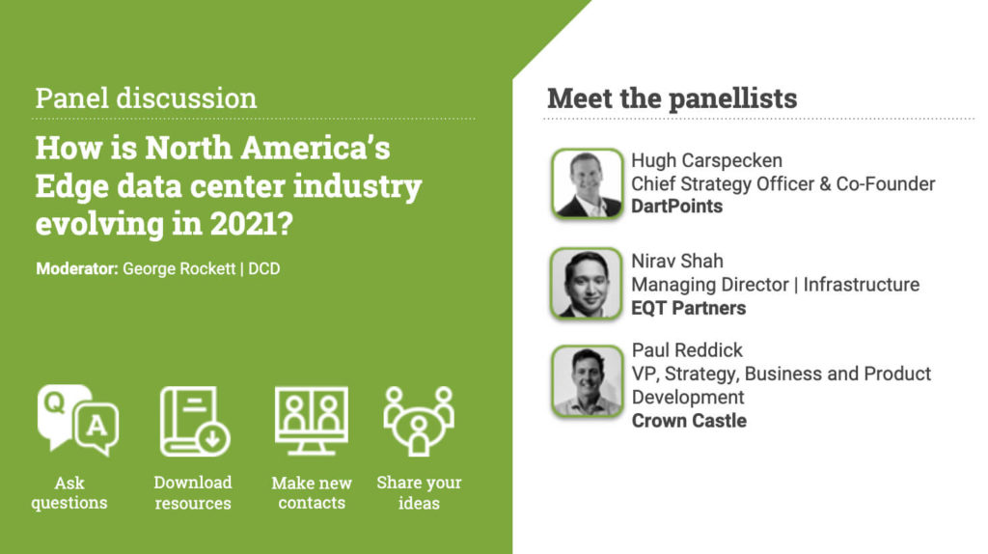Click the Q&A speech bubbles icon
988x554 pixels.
pyautogui.click(x=78, y=420)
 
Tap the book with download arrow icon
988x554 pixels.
pyautogui.click(x=195, y=421)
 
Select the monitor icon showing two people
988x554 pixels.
pyautogui.click(x=312, y=421)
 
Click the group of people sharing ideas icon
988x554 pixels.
pyautogui.click(x=419, y=421)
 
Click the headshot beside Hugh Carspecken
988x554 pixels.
pyautogui.click(x=588, y=184)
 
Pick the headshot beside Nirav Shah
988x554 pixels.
pyautogui.click(x=587, y=283)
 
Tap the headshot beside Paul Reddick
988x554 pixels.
pyautogui.click(x=588, y=380)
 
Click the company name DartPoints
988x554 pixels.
pyautogui.click(x=676, y=207)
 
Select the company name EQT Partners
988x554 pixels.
pyautogui.click(x=689, y=308)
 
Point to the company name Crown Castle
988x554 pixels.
pyautogui.click(x=689, y=421)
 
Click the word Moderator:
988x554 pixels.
pyautogui.click(x=77, y=268)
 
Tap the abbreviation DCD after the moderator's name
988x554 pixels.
pyautogui.click(x=264, y=268)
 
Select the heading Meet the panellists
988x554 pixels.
pyautogui.click(x=672, y=98)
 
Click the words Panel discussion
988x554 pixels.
pyautogui.click(x=147, y=98)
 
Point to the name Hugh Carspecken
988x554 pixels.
pyautogui.click(x=707, y=161)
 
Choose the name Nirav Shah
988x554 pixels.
pyautogui.click(x=677, y=261)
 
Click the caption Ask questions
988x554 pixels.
pyautogui.click(x=69, y=493)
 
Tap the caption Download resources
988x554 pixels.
pyautogui.click(x=193, y=493)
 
